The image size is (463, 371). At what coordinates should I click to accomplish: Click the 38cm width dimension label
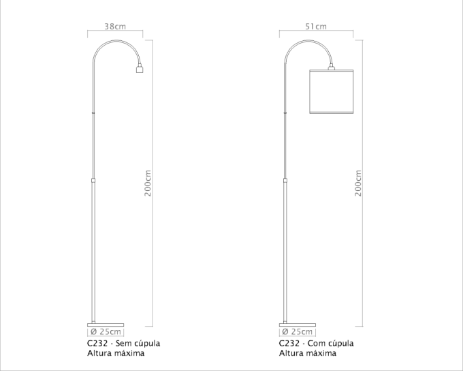click(x=115, y=27)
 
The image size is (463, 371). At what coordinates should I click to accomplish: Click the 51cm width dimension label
click(x=316, y=27)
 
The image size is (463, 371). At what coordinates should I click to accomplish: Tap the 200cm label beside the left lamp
click(x=148, y=183)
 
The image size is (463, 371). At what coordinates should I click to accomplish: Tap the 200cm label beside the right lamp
click(x=358, y=183)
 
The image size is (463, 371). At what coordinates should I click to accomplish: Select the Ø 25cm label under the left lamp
click(x=106, y=331)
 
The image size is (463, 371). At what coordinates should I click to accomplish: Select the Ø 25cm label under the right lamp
click(x=298, y=331)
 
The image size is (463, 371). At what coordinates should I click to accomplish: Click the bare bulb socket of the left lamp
click(x=140, y=69)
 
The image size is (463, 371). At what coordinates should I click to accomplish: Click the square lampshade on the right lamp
click(x=332, y=91)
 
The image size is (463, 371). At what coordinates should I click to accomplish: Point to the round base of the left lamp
click(x=106, y=325)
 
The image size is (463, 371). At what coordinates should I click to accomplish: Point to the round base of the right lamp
click(x=298, y=325)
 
